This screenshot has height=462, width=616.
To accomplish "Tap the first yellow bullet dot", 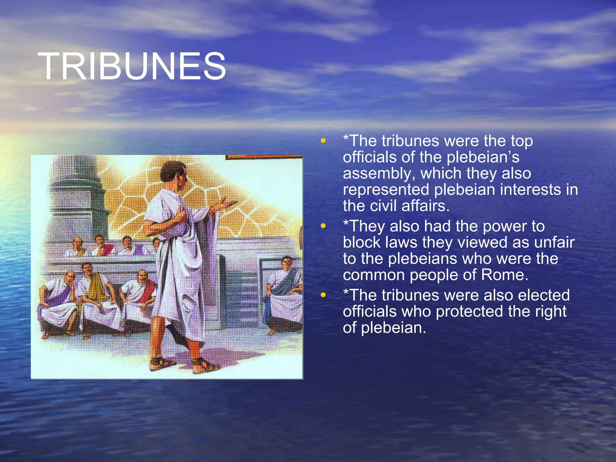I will point(323,140).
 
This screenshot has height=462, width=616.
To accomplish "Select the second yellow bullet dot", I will point(323,226).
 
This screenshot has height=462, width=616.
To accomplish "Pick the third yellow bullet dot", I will point(323,295).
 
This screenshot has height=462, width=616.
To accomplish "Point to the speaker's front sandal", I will point(205,365).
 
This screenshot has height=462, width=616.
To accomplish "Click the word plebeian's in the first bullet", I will point(483,157).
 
